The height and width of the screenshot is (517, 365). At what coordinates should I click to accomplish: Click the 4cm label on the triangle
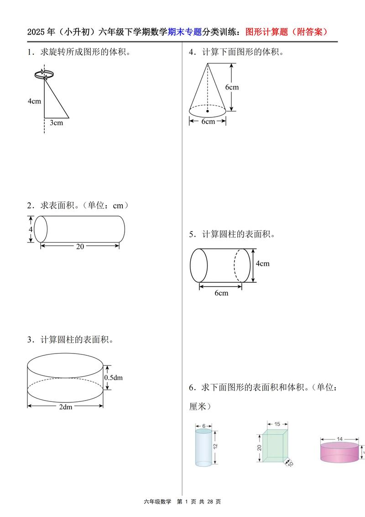(x=34, y=101)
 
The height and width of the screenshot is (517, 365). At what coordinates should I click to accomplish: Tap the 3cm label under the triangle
(x=56, y=122)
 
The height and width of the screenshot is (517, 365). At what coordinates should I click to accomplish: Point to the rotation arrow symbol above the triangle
(x=42, y=74)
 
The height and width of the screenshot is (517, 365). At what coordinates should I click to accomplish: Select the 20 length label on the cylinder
(x=80, y=246)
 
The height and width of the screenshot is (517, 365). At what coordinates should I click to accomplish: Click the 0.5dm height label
(x=114, y=377)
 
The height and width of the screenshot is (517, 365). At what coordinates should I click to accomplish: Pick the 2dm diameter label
(x=66, y=407)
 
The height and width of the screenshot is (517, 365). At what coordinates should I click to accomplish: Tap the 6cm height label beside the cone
(x=232, y=87)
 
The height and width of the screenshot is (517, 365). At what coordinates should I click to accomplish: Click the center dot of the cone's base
(x=208, y=111)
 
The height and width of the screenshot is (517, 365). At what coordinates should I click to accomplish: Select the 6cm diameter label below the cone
(x=208, y=121)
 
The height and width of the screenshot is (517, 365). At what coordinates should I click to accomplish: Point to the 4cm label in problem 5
(x=262, y=264)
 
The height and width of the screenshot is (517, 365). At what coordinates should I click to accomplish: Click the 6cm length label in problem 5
(x=221, y=293)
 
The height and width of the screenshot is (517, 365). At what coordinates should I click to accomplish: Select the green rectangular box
(x=275, y=446)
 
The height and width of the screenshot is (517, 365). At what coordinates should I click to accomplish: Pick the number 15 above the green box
(x=277, y=424)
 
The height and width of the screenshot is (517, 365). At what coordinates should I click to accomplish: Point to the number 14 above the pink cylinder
(x=339, y=439)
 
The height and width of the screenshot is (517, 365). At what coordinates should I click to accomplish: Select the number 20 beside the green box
(x=259, y=447)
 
